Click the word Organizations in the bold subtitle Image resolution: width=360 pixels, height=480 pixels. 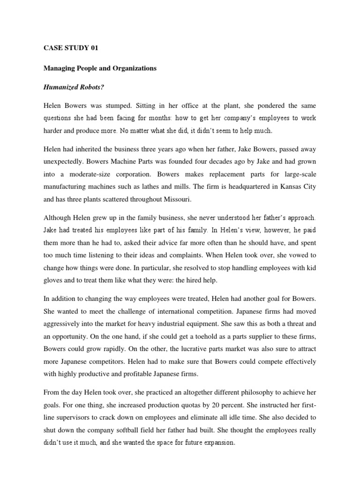tap(132, 68)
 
